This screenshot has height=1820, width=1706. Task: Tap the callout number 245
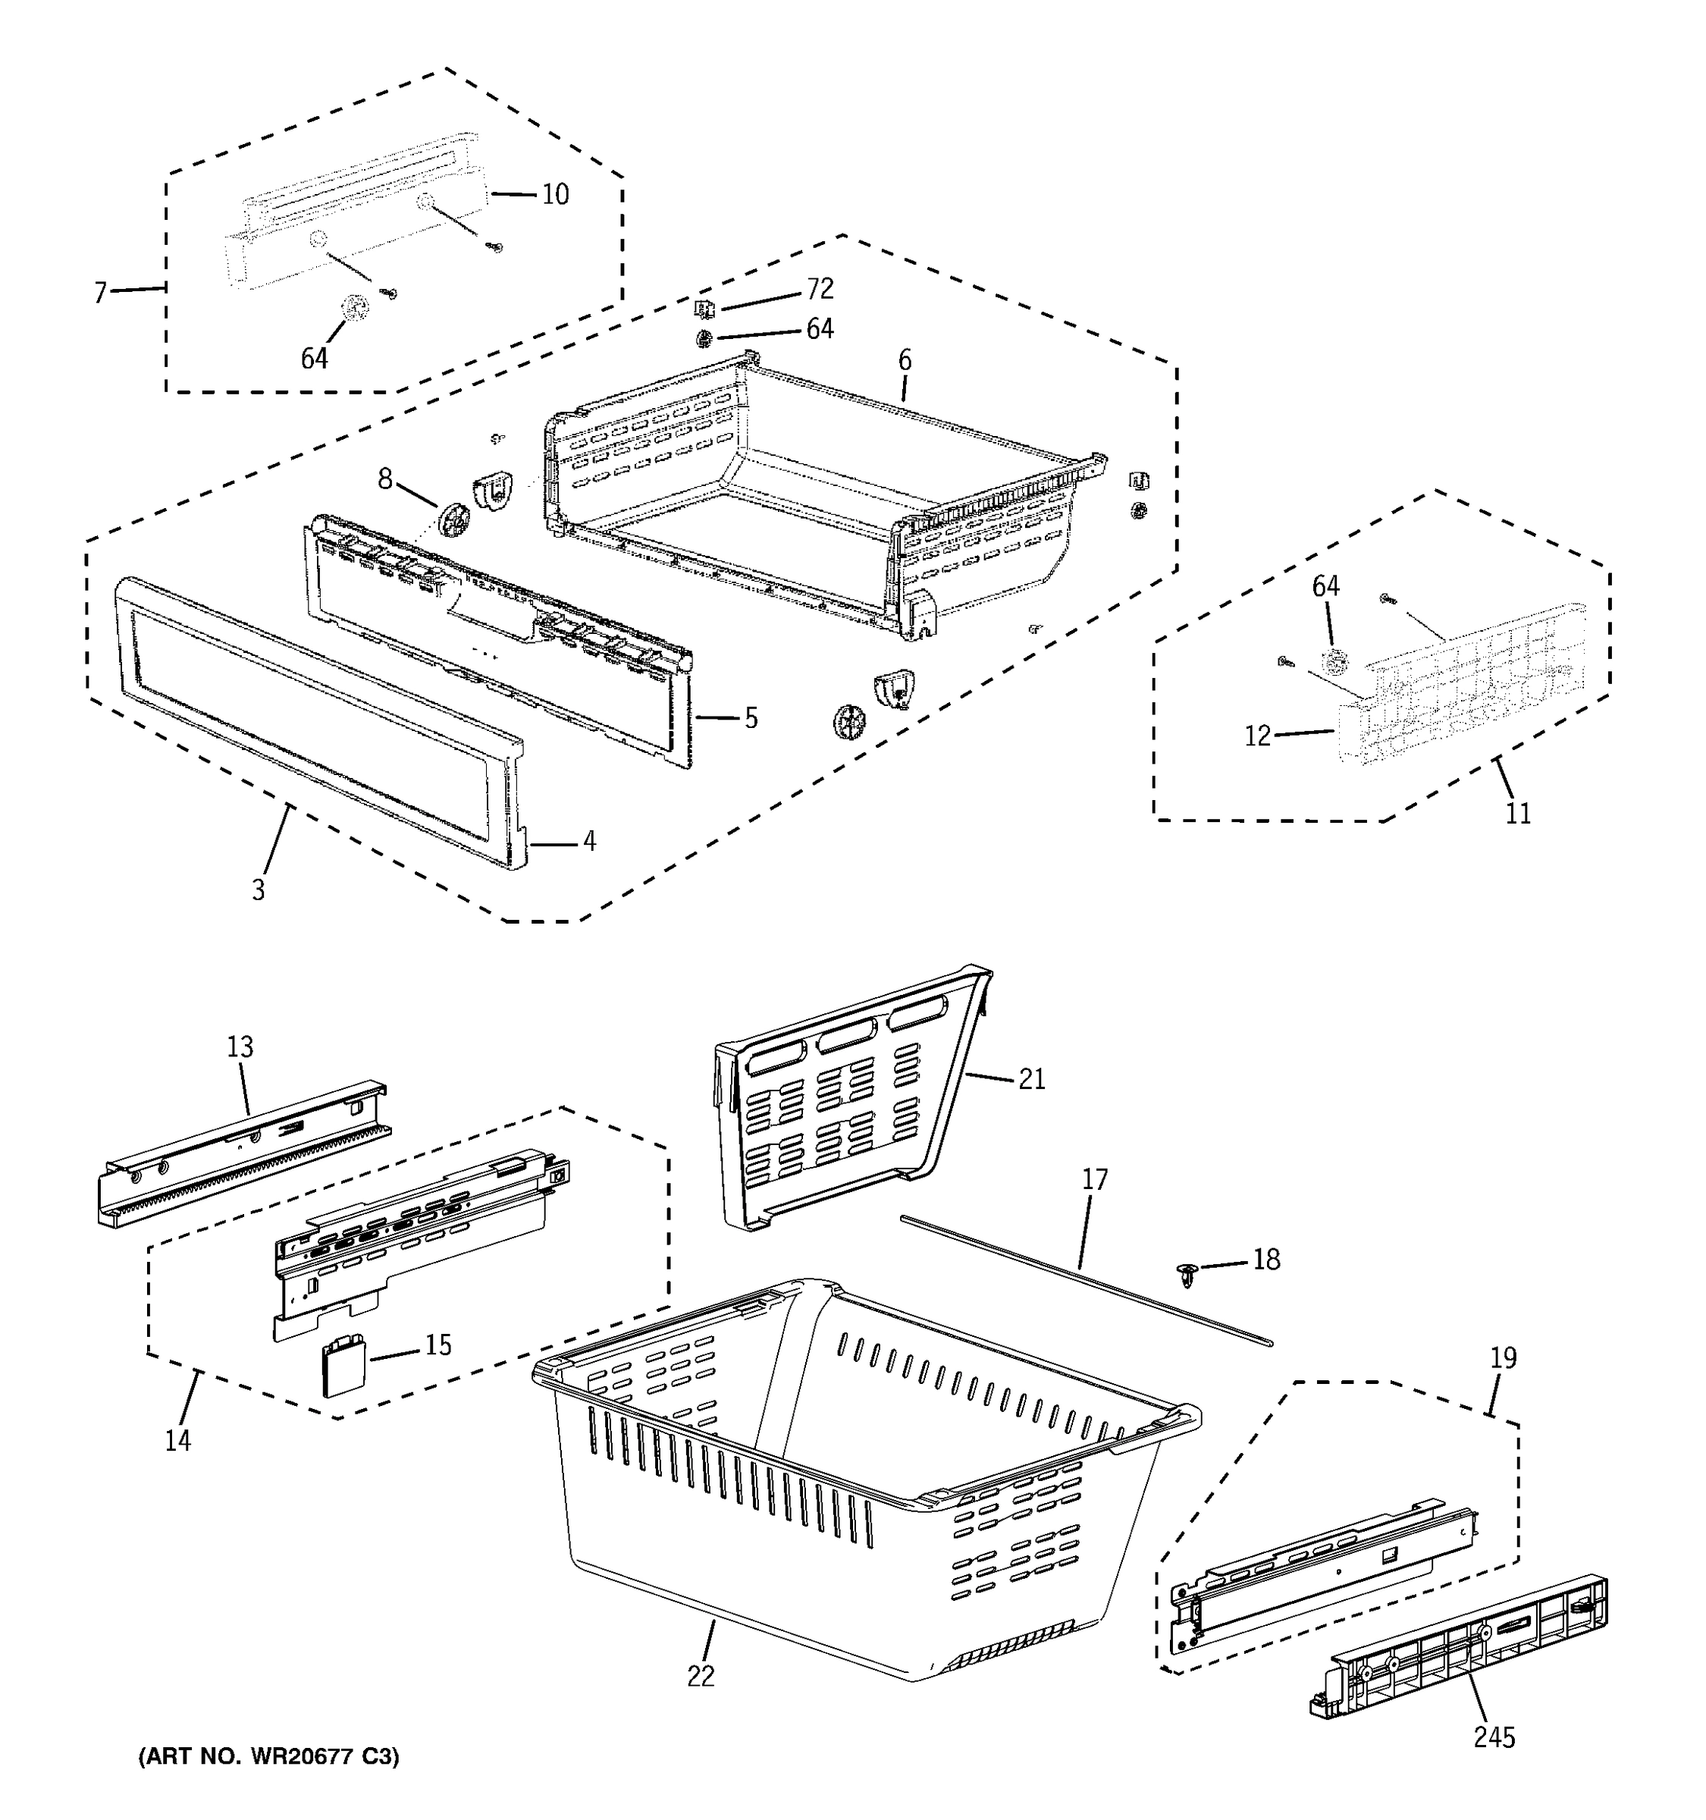(x=1494, y=1737)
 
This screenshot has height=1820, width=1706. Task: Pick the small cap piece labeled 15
(x=343, y=1365)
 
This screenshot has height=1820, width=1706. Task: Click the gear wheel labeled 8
(x=453, y=520)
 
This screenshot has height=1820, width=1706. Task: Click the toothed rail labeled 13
(x=243, y=1153)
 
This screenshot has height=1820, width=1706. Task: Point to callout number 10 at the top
(x=554, y=194)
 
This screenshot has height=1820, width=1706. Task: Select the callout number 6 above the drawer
(x=905, y=361)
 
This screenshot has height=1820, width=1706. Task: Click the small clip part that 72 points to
(x=704, y=309)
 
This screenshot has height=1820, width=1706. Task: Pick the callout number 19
(x=1503, y=1357)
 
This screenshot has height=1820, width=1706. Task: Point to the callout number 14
(x=177, y=1440)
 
